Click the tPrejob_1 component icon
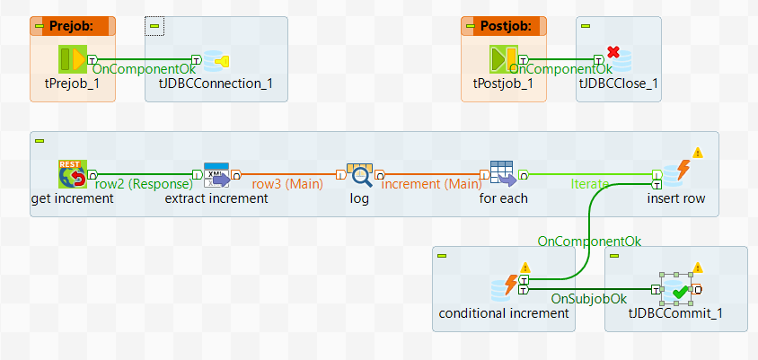point(71,61)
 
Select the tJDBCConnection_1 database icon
point(216,61)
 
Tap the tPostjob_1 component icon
point(502,61)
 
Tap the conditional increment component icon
point(504,288)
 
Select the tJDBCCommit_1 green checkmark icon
point(675,290)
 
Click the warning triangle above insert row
point(698,152)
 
